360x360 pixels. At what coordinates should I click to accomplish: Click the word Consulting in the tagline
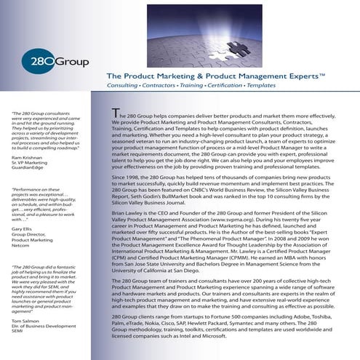124,86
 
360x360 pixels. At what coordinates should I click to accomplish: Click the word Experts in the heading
302,75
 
